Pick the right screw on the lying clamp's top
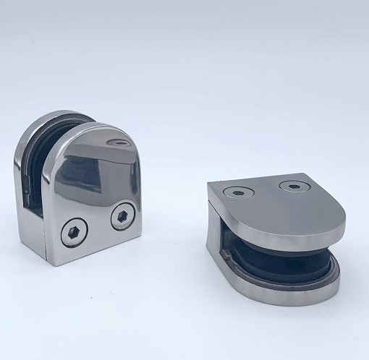click(x=294, y=187)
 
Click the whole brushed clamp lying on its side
click(x=275, y=231)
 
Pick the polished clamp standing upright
click(x=80, y=188)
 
